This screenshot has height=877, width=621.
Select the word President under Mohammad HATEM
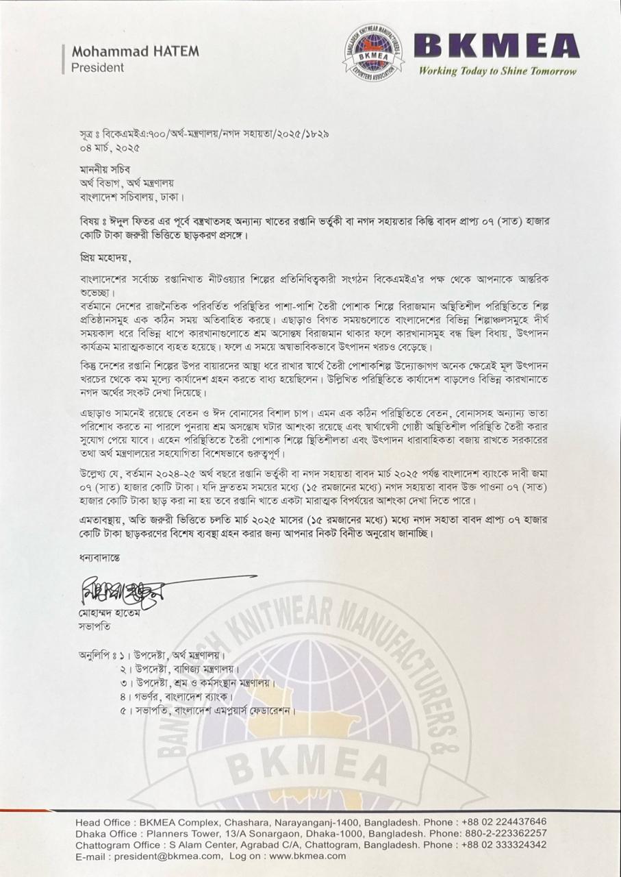coord(98,67)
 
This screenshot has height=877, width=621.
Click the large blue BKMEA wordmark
coord(498,47)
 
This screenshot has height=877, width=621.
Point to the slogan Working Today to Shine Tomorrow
coord(498,71)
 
